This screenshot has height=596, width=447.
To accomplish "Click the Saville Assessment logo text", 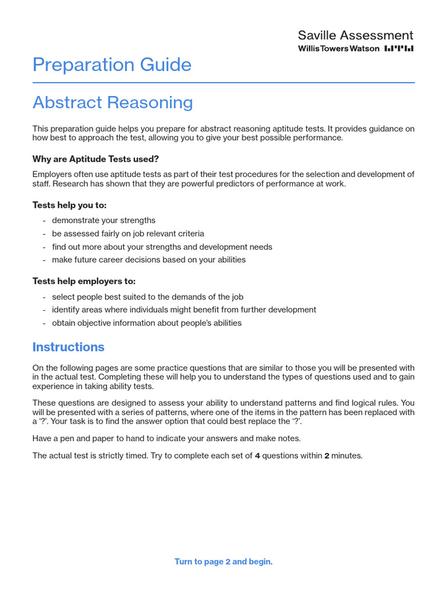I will pos(355,36).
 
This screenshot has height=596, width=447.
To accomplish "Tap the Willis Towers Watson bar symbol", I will pos(399,49).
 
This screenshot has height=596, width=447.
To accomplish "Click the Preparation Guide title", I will pos(112,65).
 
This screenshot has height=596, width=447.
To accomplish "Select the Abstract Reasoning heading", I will pos(112,102).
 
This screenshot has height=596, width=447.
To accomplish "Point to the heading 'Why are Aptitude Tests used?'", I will pos(95,159).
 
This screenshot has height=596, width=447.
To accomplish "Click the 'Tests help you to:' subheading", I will pos(69,205).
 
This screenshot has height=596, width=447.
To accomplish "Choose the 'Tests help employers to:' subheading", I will pos(84,281).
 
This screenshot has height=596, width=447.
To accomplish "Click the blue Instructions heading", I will pos(68,347).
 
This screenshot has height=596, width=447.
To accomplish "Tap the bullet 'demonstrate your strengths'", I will pos(104,220).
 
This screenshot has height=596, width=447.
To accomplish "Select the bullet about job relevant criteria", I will pos(127,233).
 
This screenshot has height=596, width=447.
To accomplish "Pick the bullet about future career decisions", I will pos(148,260).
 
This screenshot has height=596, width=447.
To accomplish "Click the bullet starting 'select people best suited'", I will pos(147,297).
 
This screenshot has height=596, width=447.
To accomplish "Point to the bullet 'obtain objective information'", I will pos(146,322).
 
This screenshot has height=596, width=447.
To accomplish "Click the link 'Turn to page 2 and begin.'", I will pos(223,562).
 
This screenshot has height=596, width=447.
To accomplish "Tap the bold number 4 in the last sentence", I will pos(257,456).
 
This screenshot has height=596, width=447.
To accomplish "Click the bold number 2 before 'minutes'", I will pos(327,456).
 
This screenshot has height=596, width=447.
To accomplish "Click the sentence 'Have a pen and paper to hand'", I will pos(166,438).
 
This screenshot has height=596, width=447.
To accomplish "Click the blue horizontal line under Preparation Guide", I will pos(223,83).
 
